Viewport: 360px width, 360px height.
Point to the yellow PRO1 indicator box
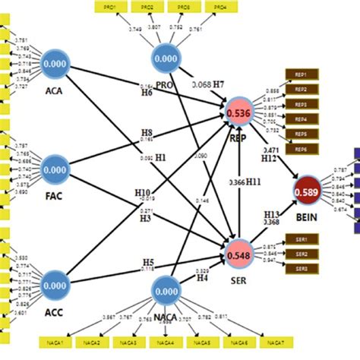[112, 7]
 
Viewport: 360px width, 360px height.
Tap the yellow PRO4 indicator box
[219, 7]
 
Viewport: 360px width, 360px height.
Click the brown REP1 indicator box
[301, 75]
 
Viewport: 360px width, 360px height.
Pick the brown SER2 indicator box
[301, 252]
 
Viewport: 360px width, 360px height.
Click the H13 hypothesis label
[272, 214]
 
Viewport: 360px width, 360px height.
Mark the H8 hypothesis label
[146, 130]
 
